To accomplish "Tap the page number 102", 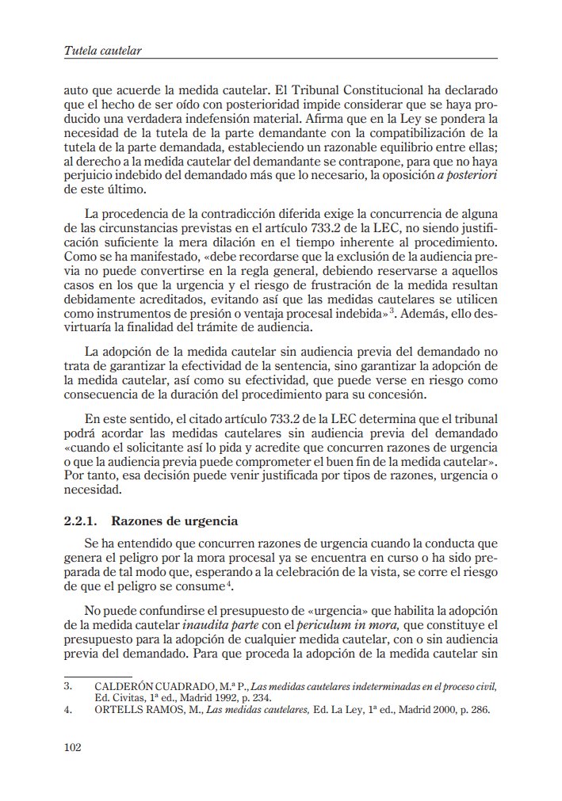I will (72, 747).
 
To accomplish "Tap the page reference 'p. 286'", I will (472, 710).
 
